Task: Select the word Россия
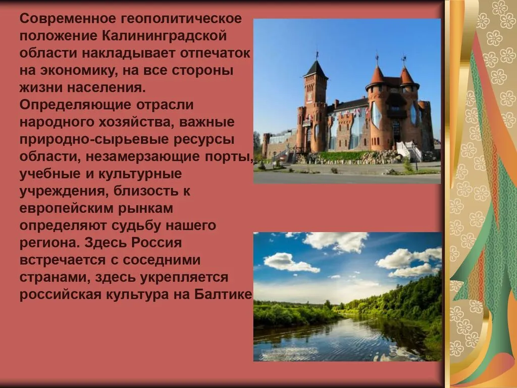(157, 242)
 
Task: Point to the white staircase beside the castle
(409, 151)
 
